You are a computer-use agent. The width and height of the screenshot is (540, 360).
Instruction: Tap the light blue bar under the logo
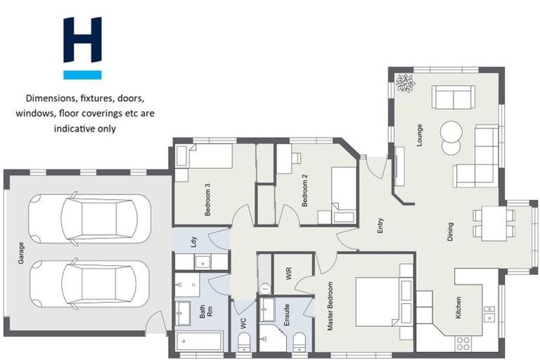point(82,75)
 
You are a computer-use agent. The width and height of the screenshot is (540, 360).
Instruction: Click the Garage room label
point(22,252)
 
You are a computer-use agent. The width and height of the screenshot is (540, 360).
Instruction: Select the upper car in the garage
point(89,218)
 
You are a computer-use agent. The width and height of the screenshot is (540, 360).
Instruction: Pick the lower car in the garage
point(89,283)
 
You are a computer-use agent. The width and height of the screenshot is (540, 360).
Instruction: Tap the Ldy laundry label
point(195,241)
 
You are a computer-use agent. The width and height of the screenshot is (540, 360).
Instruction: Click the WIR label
point(288,274)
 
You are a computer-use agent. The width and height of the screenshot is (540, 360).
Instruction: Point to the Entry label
point(380,226)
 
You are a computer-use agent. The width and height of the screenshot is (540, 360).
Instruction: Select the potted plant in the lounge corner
point(405,83)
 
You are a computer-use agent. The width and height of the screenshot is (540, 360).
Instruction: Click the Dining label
point(450,231)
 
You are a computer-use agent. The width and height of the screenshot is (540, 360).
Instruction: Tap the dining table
point(494,223)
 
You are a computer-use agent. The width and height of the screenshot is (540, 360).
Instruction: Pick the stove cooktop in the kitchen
point(463,343)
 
